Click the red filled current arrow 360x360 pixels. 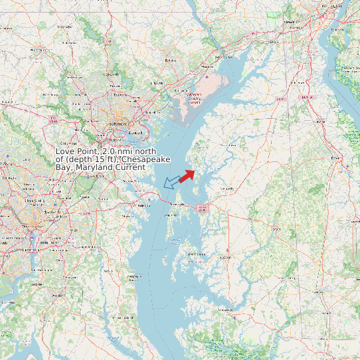click(x=187, y=175)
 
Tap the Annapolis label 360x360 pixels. click(x=143, y=206)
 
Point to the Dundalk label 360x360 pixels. click(x=135, y=133)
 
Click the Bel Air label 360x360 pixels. click(x=171, y=60)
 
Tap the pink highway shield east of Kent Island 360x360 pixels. click(x=203, y=208)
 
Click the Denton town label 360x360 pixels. click(x=275, y=228)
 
